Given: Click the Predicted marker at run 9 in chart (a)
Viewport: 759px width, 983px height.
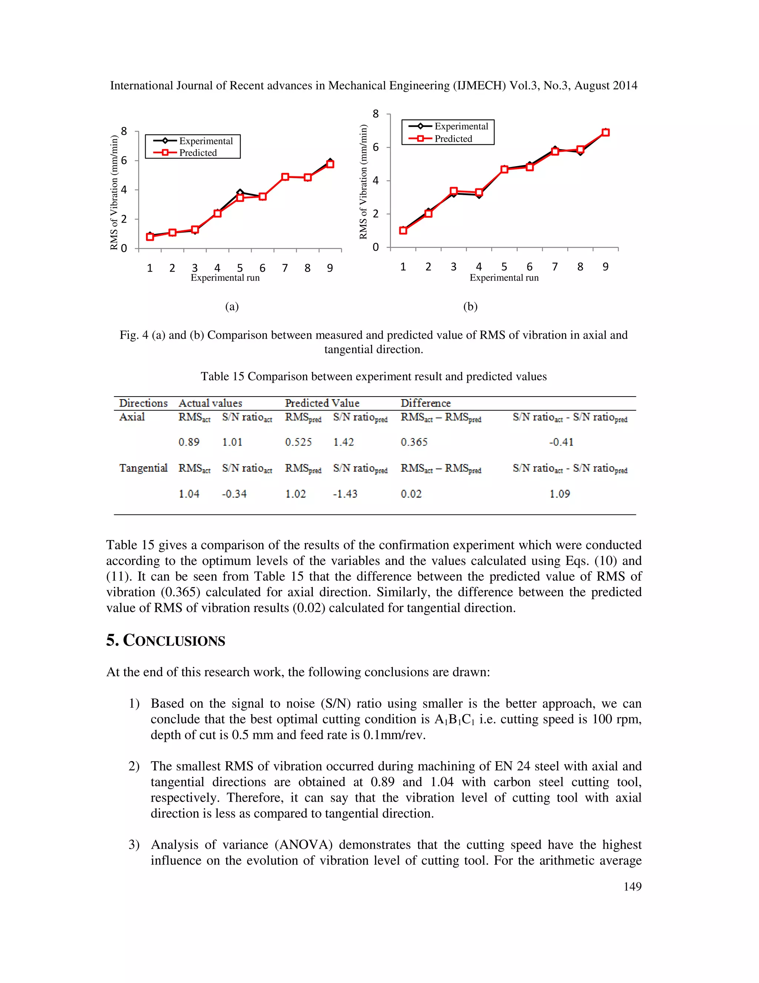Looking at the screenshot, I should pyautogui.click(x=330, y=164).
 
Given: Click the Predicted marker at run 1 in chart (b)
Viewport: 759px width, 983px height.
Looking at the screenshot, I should pyautogui.click(x=403, y=230).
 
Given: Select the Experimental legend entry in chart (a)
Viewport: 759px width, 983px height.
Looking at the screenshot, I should pyautogui.click(x=205, y=141).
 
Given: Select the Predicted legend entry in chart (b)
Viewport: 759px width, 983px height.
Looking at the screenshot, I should pyautogui.click(x=453, y=139).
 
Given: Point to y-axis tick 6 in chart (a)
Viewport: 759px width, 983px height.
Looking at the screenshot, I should pyautogui.click(x=124, y=160).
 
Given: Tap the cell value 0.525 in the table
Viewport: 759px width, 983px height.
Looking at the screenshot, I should pyautogui.click(x=298, y=442).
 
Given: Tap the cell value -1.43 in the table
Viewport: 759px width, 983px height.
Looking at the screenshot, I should pyautogui.click(x=345, y=494).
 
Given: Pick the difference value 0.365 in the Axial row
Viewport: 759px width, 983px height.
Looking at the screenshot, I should pyautogui.click(x=414, y=442).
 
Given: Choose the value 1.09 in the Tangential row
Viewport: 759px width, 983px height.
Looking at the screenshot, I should pyautogui.click(x=560, y=494).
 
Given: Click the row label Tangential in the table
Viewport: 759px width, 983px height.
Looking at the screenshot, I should pyautogui.click(x=143, y=468).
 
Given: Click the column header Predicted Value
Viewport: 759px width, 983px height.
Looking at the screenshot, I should pyautogui.click(x=322, y=403).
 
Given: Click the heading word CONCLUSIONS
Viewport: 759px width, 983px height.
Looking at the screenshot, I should pyautogui.click(x=174, y=641).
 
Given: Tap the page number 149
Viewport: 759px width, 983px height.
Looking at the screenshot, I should pyautogui.click(x=632, y=886).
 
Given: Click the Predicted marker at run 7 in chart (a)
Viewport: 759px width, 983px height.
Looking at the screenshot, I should pyautogui.click(x=285, y=177).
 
